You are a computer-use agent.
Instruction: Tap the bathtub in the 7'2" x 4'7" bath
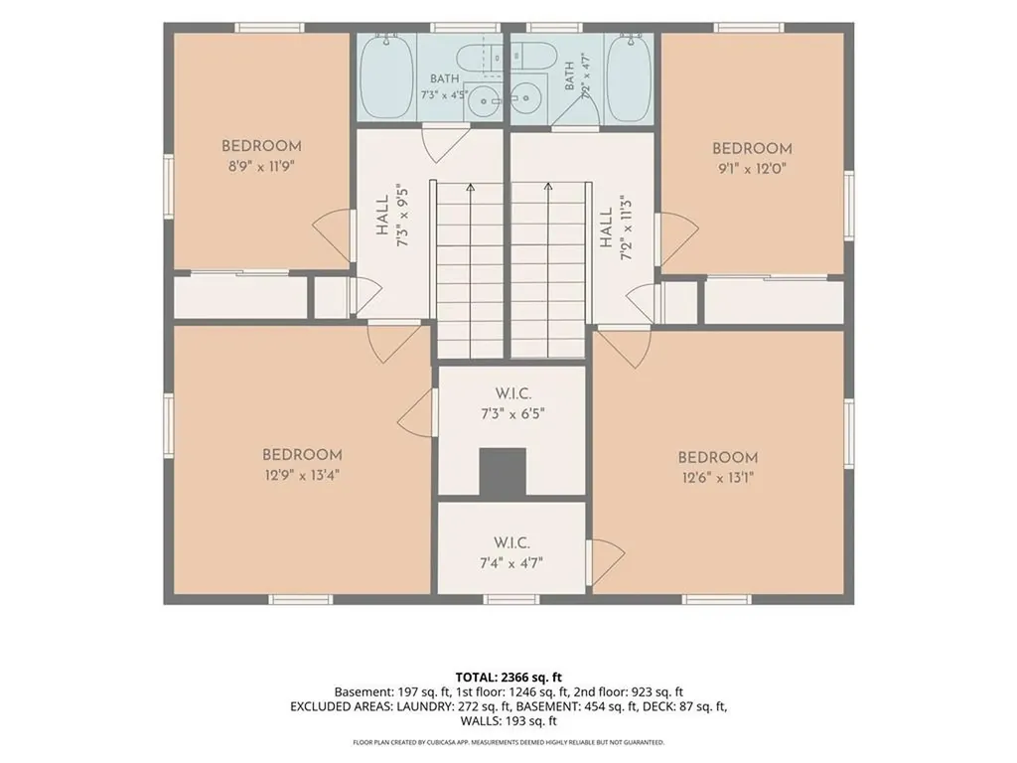[629, 76]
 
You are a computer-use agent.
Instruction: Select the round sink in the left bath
[484, 101]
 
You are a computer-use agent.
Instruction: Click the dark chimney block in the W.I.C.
[502, 473]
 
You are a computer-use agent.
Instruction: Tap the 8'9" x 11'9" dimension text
[261, 166]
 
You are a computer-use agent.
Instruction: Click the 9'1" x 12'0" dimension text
[753, 169]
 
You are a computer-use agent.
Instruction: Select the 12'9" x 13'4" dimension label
[302, 475]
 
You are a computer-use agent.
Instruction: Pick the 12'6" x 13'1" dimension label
[718, 478]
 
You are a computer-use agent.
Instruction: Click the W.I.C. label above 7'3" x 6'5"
[513, 393]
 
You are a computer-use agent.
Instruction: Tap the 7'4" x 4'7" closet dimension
[511, 562]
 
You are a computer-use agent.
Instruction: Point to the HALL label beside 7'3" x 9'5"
[381, 215]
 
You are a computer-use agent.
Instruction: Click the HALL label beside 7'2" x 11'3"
[606, 228]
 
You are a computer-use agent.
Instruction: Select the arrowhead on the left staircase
[470, 187]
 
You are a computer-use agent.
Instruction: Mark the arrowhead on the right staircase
[548, 187]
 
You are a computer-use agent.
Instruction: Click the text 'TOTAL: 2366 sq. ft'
[508, 678]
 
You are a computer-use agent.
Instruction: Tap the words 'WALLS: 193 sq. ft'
[508, 721]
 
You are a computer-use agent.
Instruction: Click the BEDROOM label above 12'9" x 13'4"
[302, 455]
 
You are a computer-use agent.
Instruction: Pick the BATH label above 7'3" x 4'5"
[444, 78]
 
